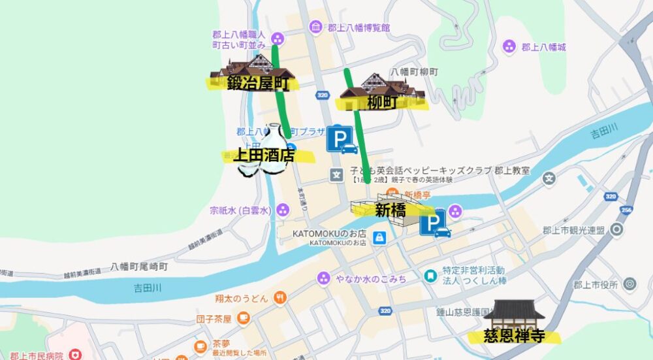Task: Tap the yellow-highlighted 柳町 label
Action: pyautogui.click(x=382, y=102)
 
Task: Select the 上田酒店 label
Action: pyautogui.click(x=264, y=155)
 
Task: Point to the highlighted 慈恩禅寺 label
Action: pyautogui.click(x=514, y=336)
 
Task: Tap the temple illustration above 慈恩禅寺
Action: pyautogui.click(x=514, y=315)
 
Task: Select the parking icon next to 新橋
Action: pyautogui.click(x=435, y=223)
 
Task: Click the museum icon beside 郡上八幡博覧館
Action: pyautogui.click(x=315, y=27)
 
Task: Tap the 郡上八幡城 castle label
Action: pyautogui.click(x=543, y=46)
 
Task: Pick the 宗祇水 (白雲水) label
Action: pyautogui.click(x=240, y=210)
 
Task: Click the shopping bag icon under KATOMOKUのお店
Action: pyautogui.click(x=378, y=236)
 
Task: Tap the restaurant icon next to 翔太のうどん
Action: pyautogui.click(x=280, y=298)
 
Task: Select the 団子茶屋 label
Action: pyautogui.click(x=214, y=319)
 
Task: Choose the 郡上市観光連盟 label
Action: pyautogui.click(x=574, y=230)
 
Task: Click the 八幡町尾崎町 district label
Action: pyautogui.click(x=139, y=267)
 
